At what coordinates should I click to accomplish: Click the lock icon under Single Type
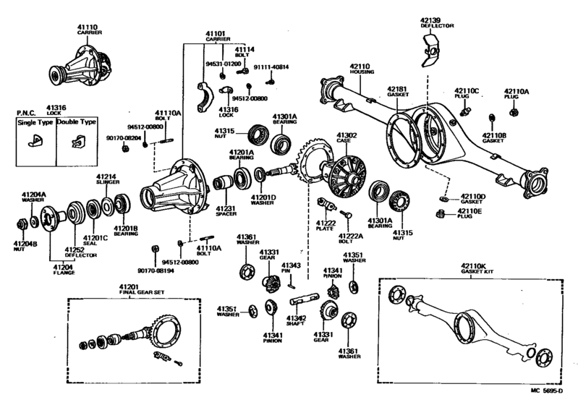point(34,142)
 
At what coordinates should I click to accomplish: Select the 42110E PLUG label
point(470,213)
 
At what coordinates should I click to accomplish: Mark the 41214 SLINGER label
point(107,179)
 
